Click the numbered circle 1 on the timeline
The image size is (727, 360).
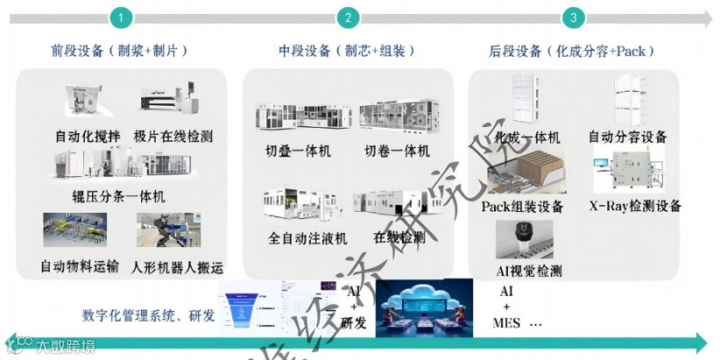[122, 18]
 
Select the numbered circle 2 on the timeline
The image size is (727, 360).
[349, 18]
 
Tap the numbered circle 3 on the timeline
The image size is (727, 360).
[574, 18]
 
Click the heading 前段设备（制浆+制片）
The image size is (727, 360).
[119, 51]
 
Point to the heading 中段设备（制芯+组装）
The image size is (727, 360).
[347, 51]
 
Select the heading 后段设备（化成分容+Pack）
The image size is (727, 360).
[573, 51]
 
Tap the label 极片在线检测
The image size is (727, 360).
[173, 137]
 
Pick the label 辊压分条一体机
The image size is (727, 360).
[118, 196]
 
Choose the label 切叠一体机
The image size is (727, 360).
[299, 152]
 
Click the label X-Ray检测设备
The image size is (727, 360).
[635, 206]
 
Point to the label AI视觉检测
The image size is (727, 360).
[529, 270]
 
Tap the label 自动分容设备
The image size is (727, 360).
[627, 137]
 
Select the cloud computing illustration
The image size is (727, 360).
[424, 307]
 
